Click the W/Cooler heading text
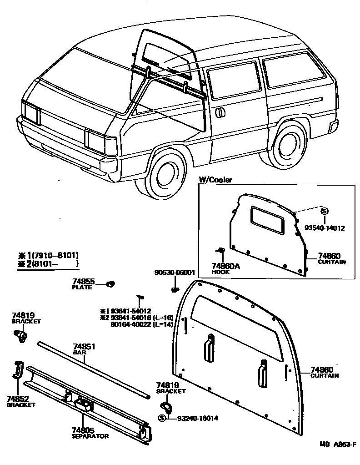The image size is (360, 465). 215,180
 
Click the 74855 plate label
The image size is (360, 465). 83,284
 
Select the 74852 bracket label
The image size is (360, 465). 20,401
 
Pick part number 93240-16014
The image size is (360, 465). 198,418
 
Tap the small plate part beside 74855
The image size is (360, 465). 109,284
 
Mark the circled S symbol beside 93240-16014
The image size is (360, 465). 162,418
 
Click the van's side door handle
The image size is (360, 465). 220,112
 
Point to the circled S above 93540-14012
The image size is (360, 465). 324,211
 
